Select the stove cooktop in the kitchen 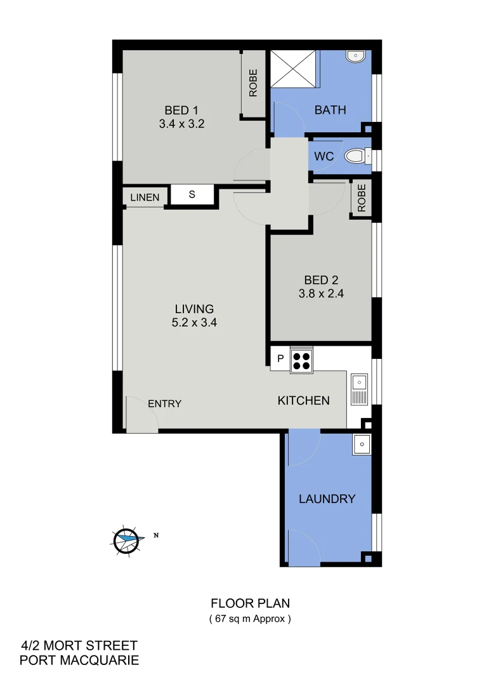301,361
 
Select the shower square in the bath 294,67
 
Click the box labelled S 192,194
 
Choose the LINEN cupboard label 145,198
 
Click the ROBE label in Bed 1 253,83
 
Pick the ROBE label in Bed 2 362,198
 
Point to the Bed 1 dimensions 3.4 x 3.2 181,124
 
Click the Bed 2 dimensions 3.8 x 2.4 321,294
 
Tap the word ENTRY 164,404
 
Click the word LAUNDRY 327,499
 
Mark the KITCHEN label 304,400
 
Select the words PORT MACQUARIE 79,661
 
